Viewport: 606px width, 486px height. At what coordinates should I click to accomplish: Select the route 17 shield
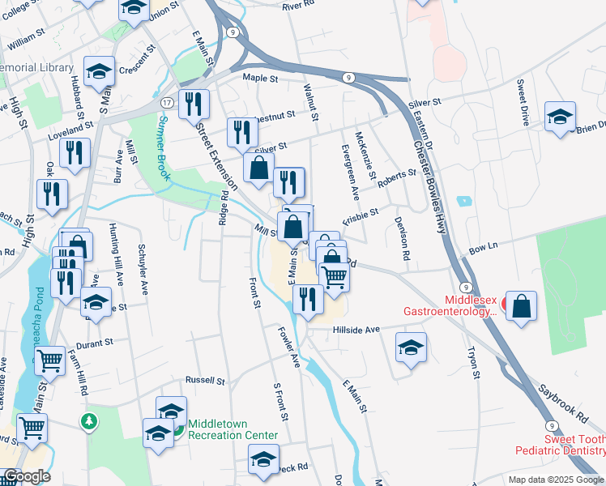(x=166, y=103)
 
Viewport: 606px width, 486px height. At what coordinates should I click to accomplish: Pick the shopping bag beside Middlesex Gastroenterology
(x=523, y=306)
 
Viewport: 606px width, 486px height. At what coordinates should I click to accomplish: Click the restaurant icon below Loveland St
(x=74, y=151)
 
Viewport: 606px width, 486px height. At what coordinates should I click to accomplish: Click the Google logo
(x=27, y=476)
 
